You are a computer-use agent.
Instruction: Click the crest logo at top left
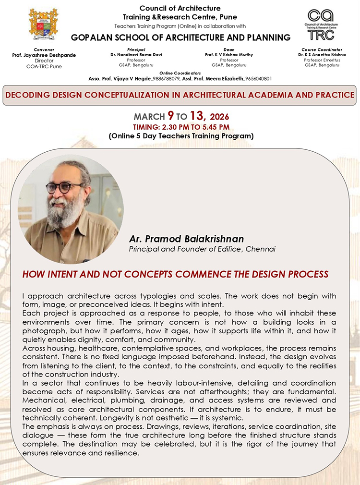click(x=43, y=24)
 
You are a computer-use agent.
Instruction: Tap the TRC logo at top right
click(x=321, y=24)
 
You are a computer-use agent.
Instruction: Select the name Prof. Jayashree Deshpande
click(x=43, y=55)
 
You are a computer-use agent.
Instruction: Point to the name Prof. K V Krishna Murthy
click(x=228, y=55)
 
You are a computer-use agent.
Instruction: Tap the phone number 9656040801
click(x=259, y=78)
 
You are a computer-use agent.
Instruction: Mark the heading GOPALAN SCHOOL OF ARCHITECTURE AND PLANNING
click(x=180, y=37)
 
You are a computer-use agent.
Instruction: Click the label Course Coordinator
click(x=322, y=49)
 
